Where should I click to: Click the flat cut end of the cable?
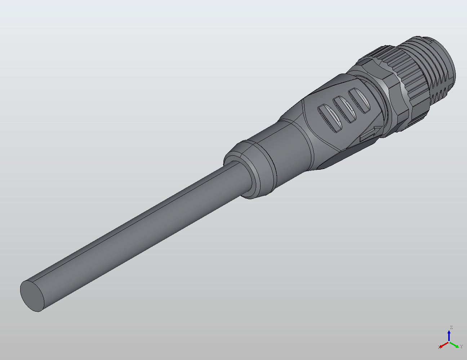pyautogui.click(x=33, y=296)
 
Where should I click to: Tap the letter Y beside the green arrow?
pyautogui.click(x=461, y=347)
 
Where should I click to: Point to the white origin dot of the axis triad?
pyautogui.click(x=449, y=342)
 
